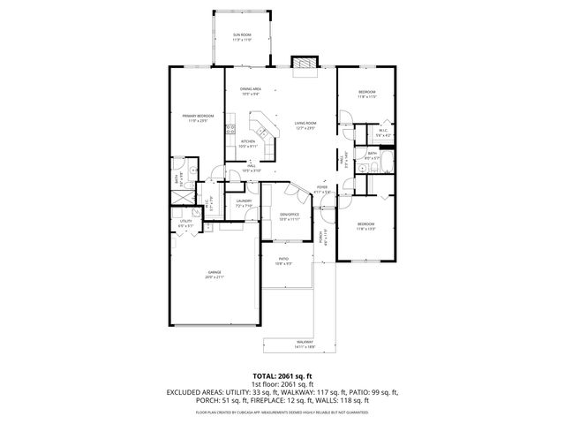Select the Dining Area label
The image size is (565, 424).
pos(250,90)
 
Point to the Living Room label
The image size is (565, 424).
pos(305,125)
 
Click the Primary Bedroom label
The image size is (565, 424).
pos(196,117)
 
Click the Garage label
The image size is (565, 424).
pos(215,274)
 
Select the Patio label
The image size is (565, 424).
pos(283,261)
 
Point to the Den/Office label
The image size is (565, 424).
pos(290,216)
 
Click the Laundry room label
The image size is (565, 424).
pos(244,202)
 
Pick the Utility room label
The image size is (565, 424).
pos(185,223)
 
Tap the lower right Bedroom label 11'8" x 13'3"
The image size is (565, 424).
pos(365,226)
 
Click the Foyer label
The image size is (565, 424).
pos(322,189)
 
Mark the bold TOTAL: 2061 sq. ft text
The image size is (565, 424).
pos(282,375)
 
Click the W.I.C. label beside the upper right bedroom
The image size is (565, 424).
pos(383,133)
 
